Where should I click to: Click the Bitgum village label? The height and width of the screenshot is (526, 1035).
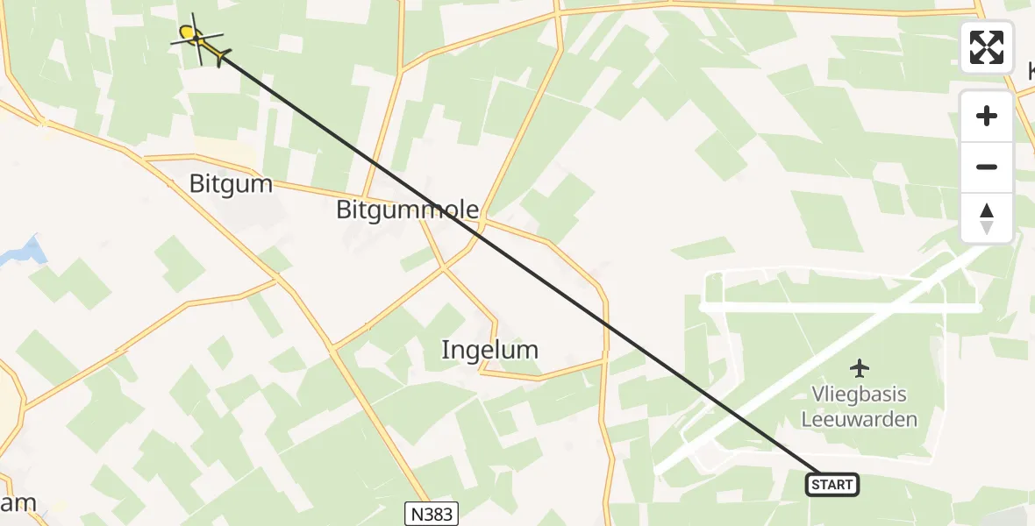click(x=232, y=184)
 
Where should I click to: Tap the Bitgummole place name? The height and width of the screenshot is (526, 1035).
click(x=408, y=210)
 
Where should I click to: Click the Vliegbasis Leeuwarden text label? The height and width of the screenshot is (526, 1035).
click(x=859, y=407)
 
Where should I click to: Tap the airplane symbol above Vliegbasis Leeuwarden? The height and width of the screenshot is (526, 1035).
click(x=860, y=366)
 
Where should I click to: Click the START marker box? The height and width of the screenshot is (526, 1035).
click(x=832, y=484)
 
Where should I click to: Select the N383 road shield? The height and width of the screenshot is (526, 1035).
click(x=431, y=513)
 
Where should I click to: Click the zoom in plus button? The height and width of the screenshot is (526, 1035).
click(x=987, y=116)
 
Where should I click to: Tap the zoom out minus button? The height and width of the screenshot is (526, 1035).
click(x=987, y=167)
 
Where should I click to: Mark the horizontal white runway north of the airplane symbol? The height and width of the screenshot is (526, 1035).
click(x=842, y=308)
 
